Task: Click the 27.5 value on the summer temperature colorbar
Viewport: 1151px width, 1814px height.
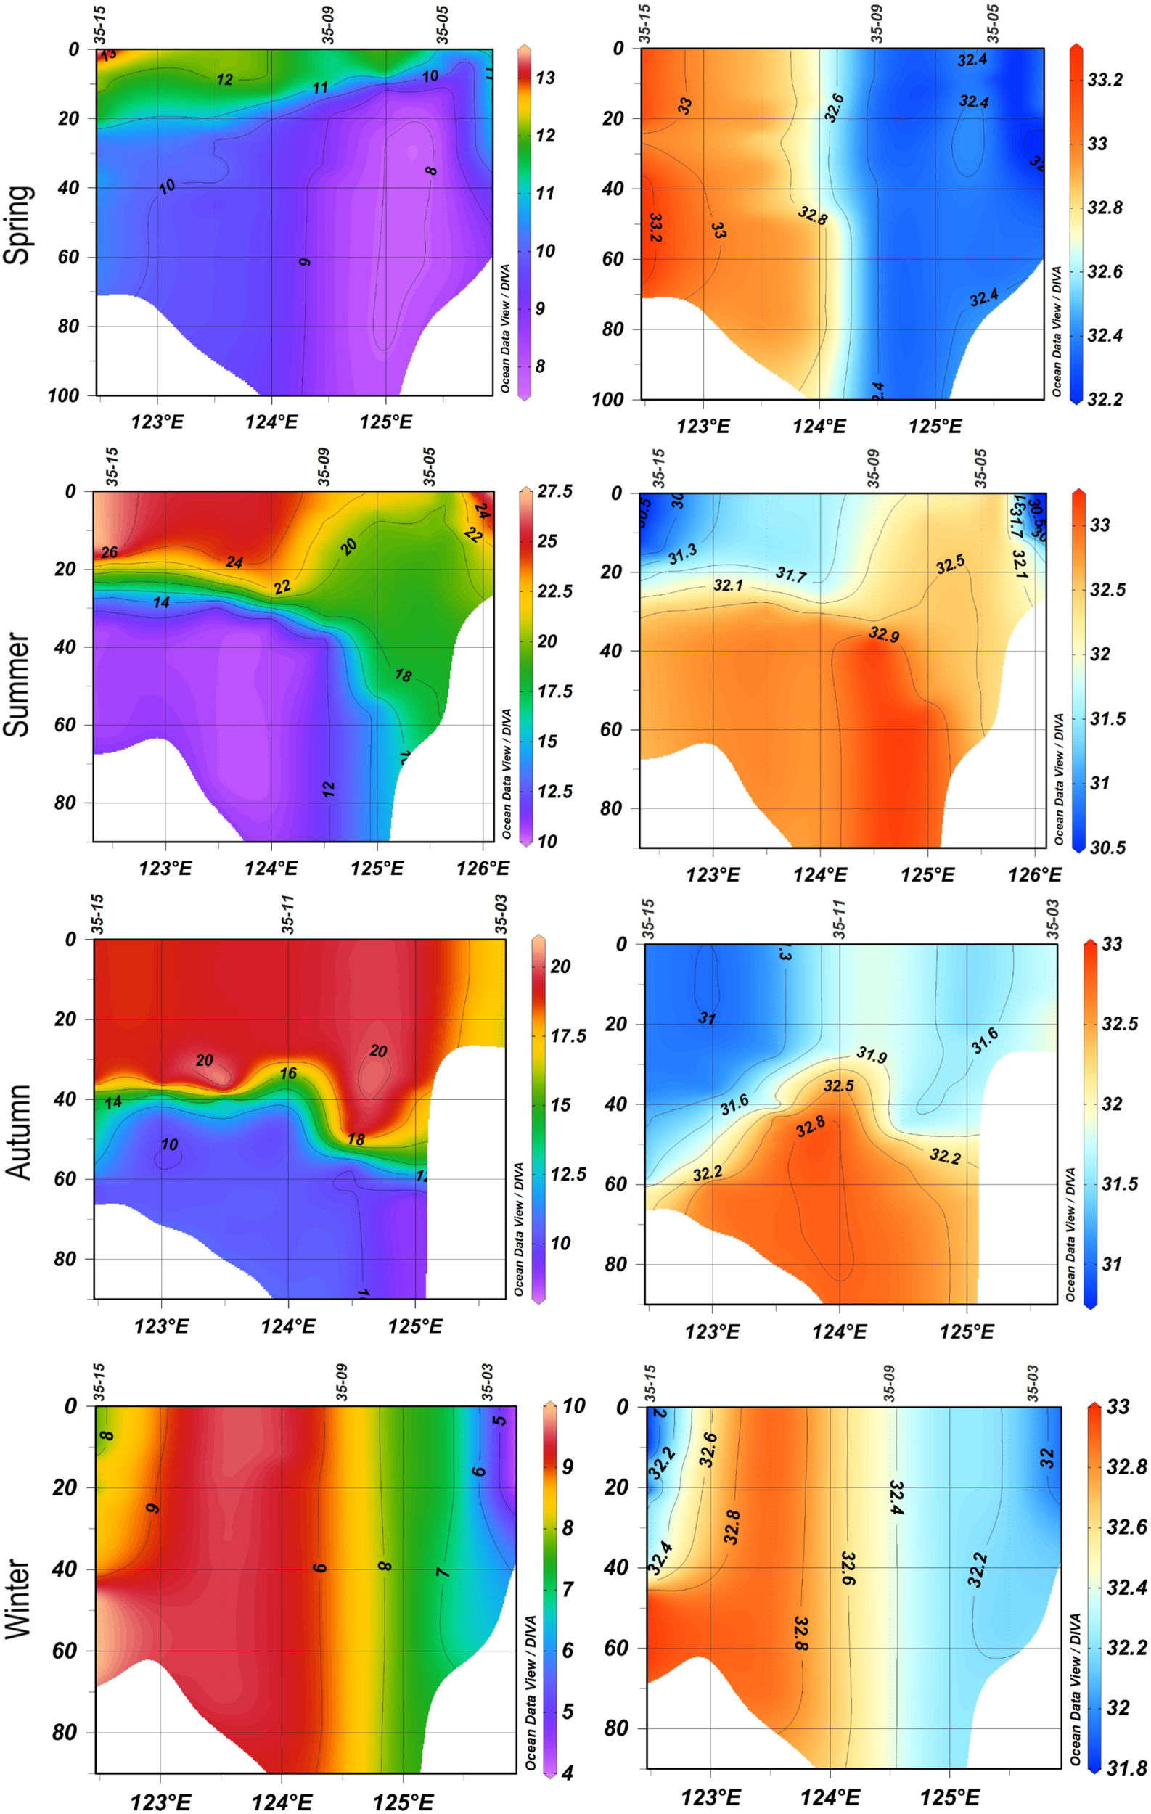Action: coord(554,491)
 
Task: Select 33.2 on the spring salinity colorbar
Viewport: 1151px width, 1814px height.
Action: coord(1105,80)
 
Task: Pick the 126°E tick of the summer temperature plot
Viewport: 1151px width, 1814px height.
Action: coord(482,869)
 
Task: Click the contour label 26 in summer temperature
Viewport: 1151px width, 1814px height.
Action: coord(110,552)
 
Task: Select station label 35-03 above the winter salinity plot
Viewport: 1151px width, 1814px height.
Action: coord(1032,1383)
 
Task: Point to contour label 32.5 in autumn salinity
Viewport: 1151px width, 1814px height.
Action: coord(838,1086)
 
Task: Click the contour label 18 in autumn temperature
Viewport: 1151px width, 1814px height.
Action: coord(356,1139)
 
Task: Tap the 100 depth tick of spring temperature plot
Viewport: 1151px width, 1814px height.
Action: coord(63,395)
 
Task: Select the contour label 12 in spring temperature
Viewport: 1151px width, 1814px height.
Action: coord(224,79)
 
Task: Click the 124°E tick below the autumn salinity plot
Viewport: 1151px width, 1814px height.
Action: coord(839,1331)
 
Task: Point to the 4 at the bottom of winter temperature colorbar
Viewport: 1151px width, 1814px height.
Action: coord(568,1773)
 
